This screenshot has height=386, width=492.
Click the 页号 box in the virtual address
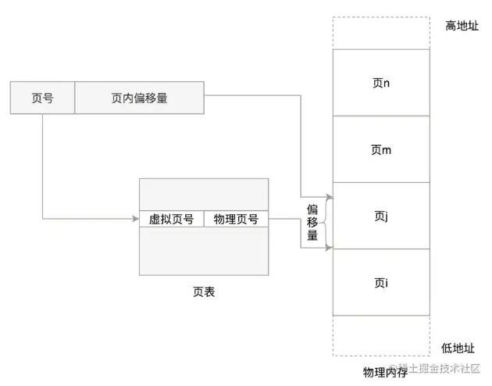click(x=42, y=98)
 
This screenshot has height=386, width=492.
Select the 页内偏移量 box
click(x=139, y=98)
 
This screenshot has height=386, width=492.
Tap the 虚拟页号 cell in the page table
click(x=171, y=219)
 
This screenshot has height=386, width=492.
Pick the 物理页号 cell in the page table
click(x=236, y=219)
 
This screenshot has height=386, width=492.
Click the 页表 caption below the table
click(x=204, y=292)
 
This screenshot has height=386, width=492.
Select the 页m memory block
click(x=381, y=149)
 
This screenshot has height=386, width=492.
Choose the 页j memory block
click(x=381, y=216)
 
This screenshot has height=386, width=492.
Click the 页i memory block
click(x=381, y=282)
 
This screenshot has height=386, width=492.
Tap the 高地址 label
click(x=460, y=26)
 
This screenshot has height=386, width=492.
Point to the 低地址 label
click(x=460, y=349)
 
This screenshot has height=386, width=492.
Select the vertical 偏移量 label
click(x=312, y=222)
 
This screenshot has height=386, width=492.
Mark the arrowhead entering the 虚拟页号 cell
click(x=135, y=219)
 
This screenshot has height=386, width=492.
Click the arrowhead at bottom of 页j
click(x=329, y=248)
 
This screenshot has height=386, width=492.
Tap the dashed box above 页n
click(x=381, y=34)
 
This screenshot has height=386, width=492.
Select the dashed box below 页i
click(x=381, y=334)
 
